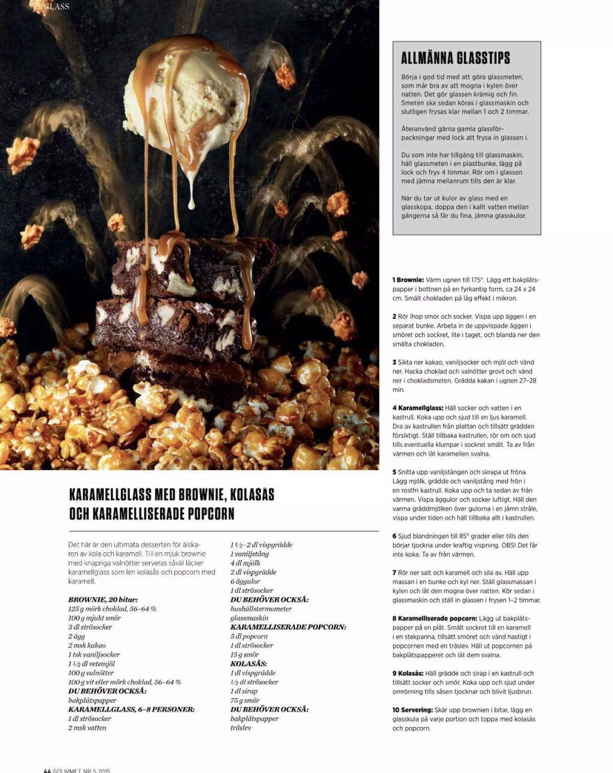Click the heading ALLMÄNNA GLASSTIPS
(455, 58)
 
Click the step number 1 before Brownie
(394, 280)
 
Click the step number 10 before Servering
(396, 710)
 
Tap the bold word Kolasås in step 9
(411, 674)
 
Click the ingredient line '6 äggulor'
(245, 582)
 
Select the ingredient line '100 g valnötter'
(90, 673)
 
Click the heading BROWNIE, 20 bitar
(102, 599)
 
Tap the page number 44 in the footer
(47, 771)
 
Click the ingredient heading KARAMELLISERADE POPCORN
(288, 627)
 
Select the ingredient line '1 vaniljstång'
(249, 554)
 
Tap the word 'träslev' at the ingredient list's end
(241, 728)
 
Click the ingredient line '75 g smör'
(245, 701)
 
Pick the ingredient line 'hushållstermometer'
(261, 609)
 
